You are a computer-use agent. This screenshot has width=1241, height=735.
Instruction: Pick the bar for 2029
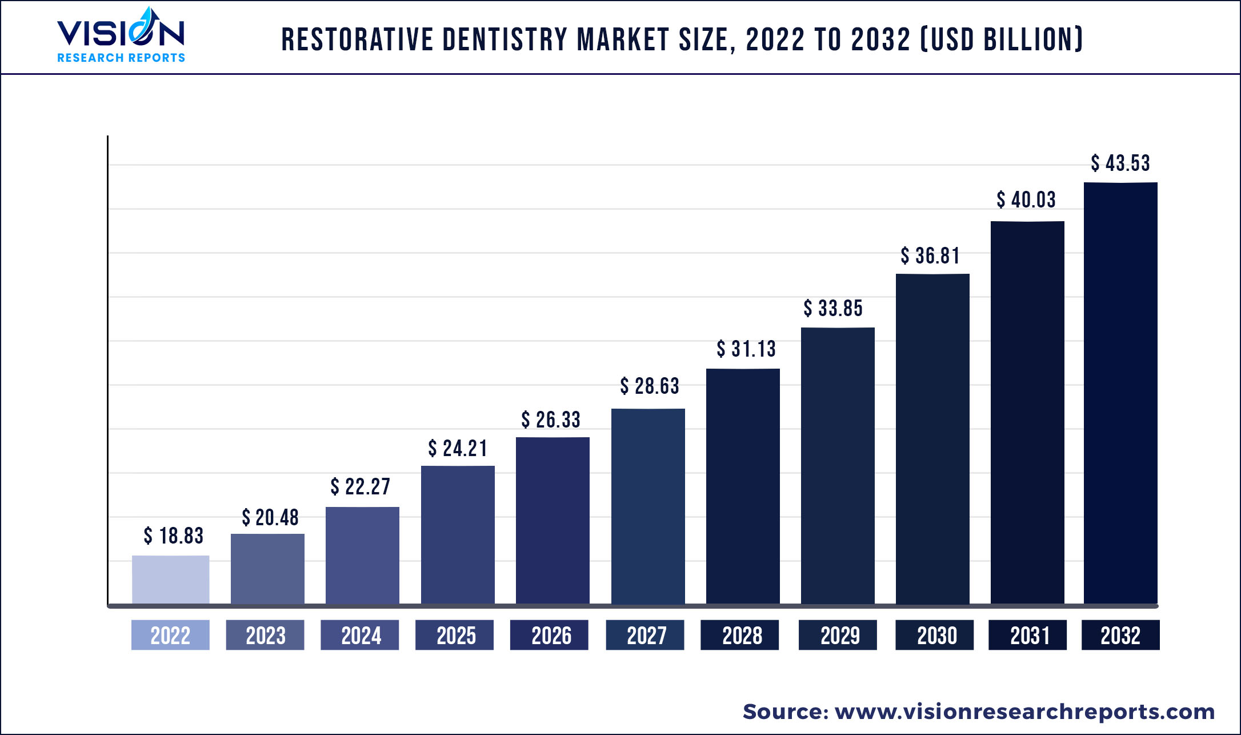[838, 465]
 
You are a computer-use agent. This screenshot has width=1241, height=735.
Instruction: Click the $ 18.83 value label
[174, 536]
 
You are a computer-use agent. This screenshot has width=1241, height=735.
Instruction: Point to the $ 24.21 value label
[458, 449]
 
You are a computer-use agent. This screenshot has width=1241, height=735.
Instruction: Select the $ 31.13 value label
[746, 349]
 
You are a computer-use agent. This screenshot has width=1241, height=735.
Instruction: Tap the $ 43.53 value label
[1120, 163]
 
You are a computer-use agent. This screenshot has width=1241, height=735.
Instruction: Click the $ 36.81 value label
[930, 256]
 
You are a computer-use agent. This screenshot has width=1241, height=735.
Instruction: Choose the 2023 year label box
[265, 635]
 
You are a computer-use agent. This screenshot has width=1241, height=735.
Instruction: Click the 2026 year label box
[549, 635]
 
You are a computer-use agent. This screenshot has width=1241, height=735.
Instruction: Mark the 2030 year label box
[934, 635]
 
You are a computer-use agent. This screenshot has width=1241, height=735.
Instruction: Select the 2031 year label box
[1027, 635]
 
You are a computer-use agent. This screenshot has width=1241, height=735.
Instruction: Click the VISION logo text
[121, 33]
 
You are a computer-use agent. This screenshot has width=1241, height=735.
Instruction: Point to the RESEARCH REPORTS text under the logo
[121, 58]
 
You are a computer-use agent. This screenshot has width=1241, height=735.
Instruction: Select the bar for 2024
[362, 555]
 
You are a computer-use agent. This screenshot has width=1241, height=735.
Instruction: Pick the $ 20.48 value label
[270, 518]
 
